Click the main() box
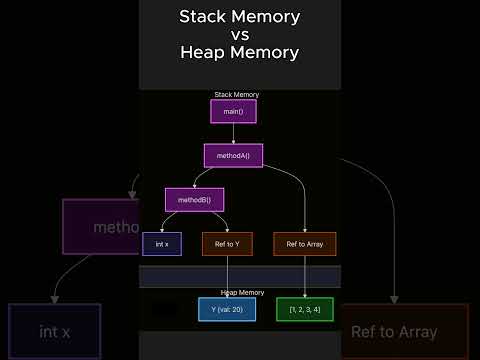[233, 111]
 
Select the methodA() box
[233, 155]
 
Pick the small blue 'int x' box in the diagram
[161, 244]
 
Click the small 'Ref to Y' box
[227, 244]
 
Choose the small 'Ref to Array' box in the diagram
[305, 244]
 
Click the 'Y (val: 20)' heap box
[227, 309]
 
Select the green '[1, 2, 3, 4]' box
[305, 309]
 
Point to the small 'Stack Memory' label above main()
[236, 94]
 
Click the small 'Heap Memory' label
[242, 292]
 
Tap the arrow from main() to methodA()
[233, 133]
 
